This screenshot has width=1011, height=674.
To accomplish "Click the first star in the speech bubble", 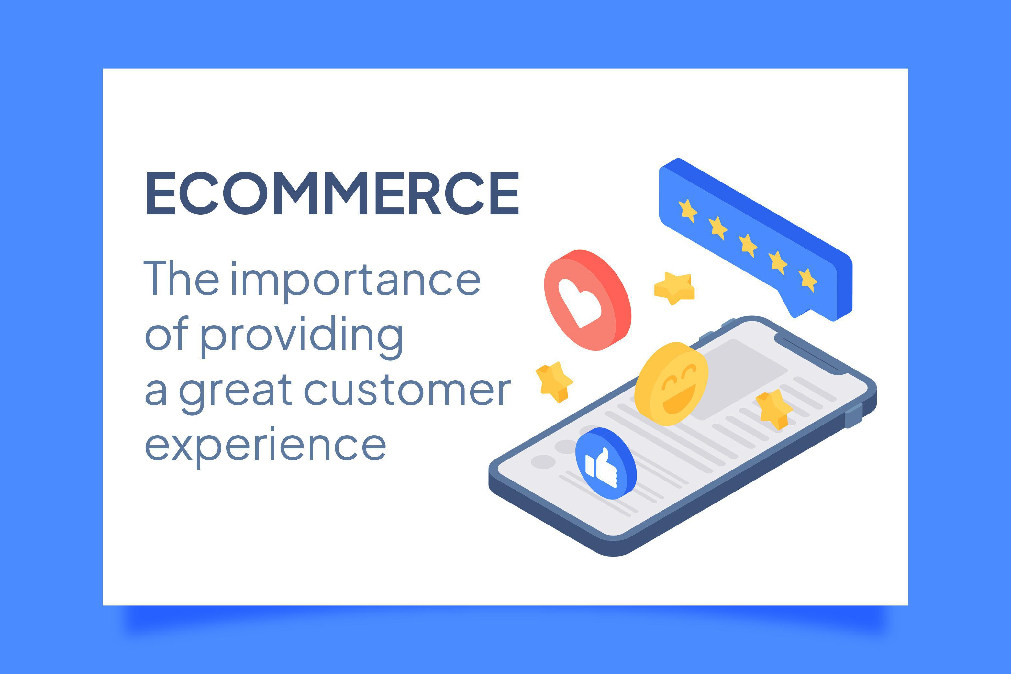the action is [687, 211].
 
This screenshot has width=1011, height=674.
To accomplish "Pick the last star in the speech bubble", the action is [808, 280].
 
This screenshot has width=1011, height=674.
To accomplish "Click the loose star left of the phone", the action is [554, 381].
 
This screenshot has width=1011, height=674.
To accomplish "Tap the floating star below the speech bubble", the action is [674, 288].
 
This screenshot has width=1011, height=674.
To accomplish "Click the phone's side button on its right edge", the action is [853, 416].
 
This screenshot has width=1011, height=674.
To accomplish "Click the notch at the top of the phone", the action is [811, 353].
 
